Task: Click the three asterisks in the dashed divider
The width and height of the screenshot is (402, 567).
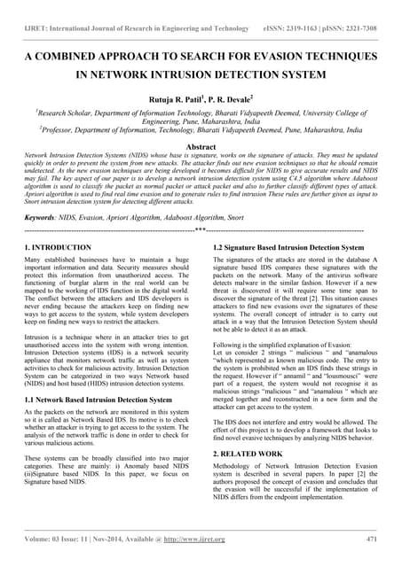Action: click(x=201, y=229)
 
